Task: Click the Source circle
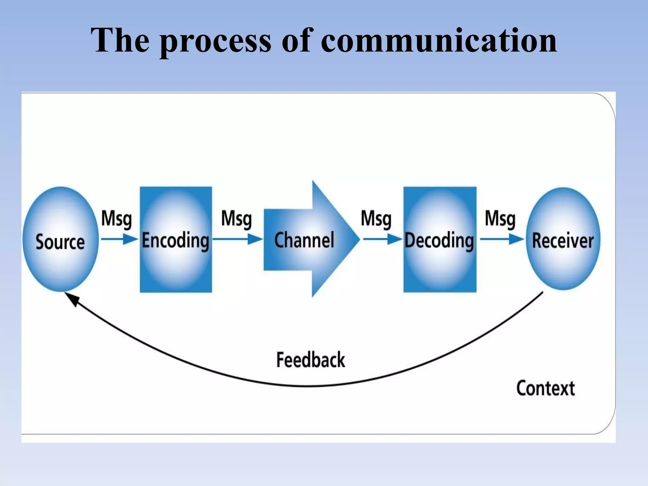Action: click(x=60, y=239)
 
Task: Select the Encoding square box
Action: click(x=176, y=239)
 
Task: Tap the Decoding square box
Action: click(x=439, y=239)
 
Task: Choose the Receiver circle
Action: click(x=563, y=239)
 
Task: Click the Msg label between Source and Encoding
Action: click(x=116, y=219)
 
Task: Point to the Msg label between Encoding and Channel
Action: click(x=236, y=219)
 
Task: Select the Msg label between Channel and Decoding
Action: click(x=376, y=219)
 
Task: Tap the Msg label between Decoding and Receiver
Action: click(x=500, y=219)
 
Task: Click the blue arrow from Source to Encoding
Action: click(x=119, y=239)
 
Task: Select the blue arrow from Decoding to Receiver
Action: click(x=502, y=239)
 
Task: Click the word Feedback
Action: click(x=310, y=360)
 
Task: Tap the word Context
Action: click(x=545, y=388)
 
